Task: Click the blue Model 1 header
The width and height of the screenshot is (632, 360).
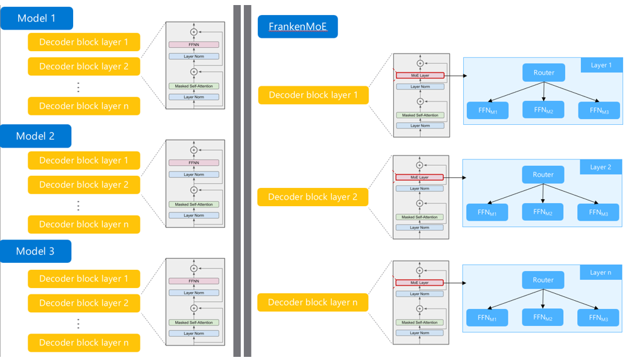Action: (x=37, y=18)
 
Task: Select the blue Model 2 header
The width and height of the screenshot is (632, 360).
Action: (x=36, y=136)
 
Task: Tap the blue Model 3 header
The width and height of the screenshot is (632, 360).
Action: (x=36, y=251)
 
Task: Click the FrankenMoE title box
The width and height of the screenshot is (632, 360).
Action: (x=297, y=26)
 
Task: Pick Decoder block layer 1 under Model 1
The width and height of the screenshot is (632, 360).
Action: (x=84, y=42)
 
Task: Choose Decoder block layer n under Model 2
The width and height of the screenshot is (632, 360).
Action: (x=84, y=224)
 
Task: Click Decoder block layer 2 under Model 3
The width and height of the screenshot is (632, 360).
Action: (x=84, y=303)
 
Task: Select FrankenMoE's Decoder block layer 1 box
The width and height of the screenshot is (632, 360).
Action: (x=313, y=95)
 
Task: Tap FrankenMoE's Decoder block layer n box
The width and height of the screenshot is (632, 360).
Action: (x=313, y=302)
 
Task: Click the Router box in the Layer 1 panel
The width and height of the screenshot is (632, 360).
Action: (x=543, y=73)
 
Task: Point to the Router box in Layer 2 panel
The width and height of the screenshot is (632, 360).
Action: (x=543, y=175)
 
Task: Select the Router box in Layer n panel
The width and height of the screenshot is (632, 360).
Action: (x=543, y=280)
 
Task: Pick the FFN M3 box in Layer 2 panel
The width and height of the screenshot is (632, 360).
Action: (x=599, y=212)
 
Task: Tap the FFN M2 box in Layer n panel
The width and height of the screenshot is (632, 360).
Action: (x=543, y=317)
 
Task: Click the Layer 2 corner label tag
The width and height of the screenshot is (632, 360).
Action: (x=600, y=167)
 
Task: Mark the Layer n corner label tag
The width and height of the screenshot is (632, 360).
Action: (x=600, y=272)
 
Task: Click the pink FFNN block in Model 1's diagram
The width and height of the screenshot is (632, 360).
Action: (x=193, y=45)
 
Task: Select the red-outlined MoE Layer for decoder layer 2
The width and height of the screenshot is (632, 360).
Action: (x=420, y=178)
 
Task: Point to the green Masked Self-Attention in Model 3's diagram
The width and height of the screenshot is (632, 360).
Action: (x=193, y=322)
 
